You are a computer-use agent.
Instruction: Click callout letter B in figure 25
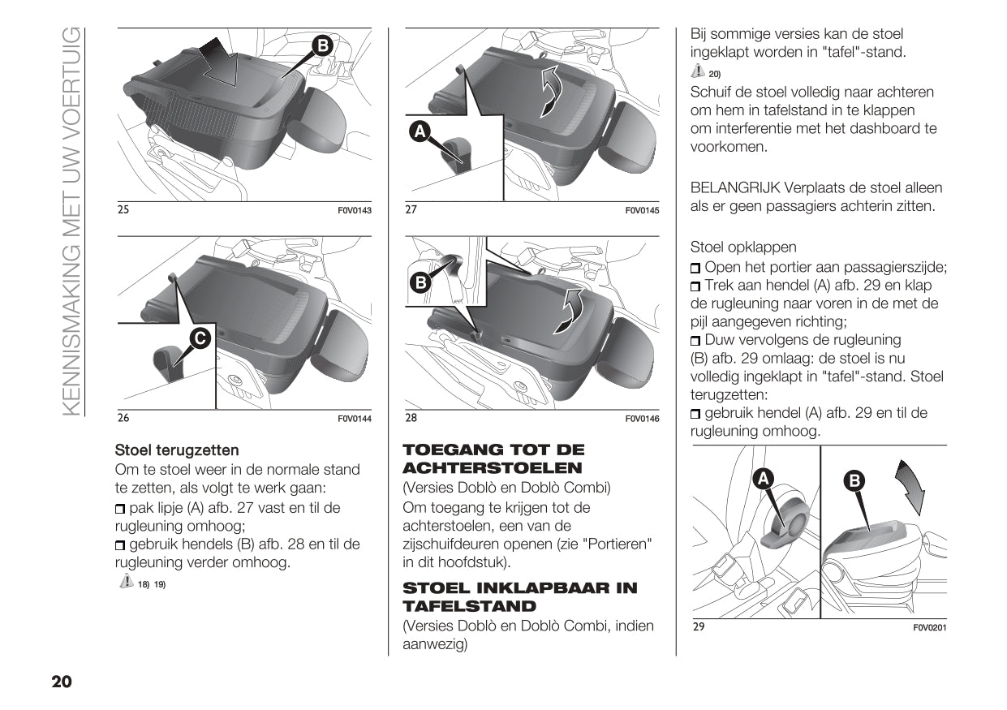[x=322, y=46]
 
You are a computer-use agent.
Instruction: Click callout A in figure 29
[x=763, y=480]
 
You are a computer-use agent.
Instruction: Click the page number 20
[x=62, y=682]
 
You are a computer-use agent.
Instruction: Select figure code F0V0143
[x=354, y=211]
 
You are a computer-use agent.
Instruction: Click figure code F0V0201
[x=930, y=627]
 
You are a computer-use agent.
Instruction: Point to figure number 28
[x=411, y=419]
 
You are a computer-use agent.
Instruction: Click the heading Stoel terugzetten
[x=177, y=450]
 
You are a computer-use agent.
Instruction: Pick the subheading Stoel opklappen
[x=742, y=247]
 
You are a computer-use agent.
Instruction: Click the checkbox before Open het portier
[x=696, y=269]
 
